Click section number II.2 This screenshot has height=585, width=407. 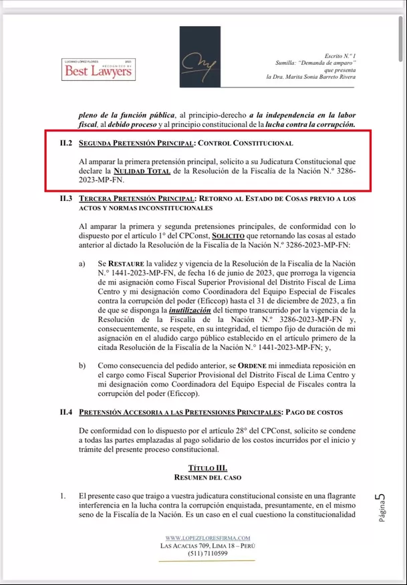pyautogui.click(x=65, y=143)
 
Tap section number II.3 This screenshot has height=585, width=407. pyautogui.click(x=65, y=199)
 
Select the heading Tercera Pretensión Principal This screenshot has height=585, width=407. pyautogui.click(x=136, y=199)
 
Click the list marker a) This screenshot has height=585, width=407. pyautogui.click(x=82, y=264)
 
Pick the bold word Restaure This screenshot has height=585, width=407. pyautogui.click(x=132, y=264)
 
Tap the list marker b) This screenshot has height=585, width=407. pyautogui.click(x=82, y=366)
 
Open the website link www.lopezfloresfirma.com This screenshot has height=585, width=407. pyautogui.click(x=207, y=538)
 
